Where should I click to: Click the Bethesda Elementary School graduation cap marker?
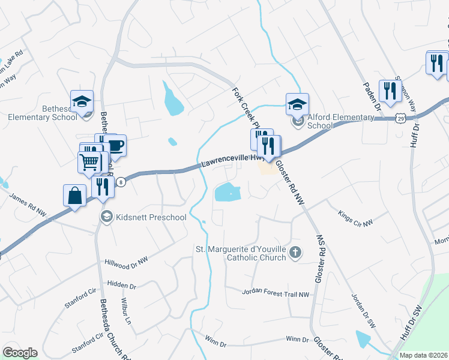click(x=82, y=101)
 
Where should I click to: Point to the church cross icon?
click(x=295, y=253)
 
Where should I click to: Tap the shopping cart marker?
click(x=89, y=162)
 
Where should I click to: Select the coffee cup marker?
click(x=115, y=146)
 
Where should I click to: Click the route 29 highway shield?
click(x=400, y=119)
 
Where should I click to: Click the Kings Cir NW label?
click(x=355, y=214)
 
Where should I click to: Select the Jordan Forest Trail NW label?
click(x=276, y=293)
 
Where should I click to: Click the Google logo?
click(x=20, y=353)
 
